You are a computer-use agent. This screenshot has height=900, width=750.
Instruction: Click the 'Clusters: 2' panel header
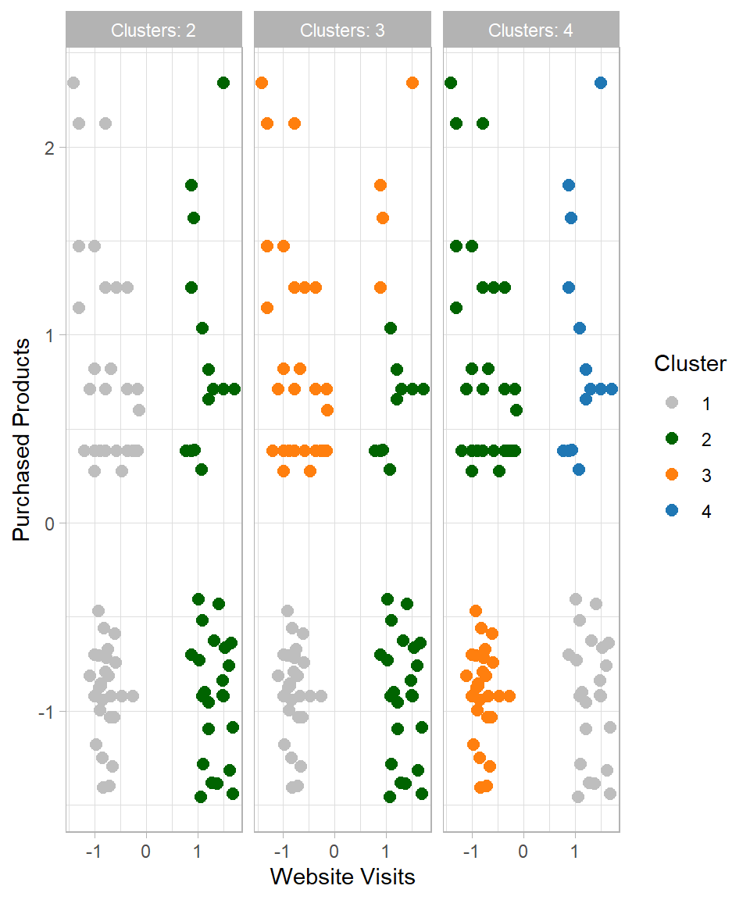click(x=153, y=30)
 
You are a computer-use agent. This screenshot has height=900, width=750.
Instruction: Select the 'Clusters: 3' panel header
click(x=342, y=30)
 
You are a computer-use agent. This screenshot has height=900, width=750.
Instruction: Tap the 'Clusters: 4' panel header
click(x=530, y=30)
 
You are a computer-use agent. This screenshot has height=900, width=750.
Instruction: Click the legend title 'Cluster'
click(x=690, y=363)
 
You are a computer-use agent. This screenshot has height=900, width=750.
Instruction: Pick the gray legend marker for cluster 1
click(x=671, y=404)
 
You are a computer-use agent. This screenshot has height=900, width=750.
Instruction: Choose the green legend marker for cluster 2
click(x=671, y=440)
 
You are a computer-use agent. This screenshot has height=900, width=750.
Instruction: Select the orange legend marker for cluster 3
click(x=671, y=475)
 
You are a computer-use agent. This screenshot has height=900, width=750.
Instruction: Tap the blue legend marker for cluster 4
click(x=671, y=511)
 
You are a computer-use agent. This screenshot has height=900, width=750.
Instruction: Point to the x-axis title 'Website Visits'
click(x=342, y=877)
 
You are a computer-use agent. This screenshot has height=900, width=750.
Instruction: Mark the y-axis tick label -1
click(x=45, y=712)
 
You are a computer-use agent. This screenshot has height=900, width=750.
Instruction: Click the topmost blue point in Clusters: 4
click(x=601, y=83)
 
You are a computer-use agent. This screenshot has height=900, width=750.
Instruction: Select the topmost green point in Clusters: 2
click(x=223, y=83)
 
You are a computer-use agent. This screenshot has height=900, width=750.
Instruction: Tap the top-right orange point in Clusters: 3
click(x=412, y=83)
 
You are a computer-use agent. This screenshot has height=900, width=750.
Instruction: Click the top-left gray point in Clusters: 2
click(x=73, y=83)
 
